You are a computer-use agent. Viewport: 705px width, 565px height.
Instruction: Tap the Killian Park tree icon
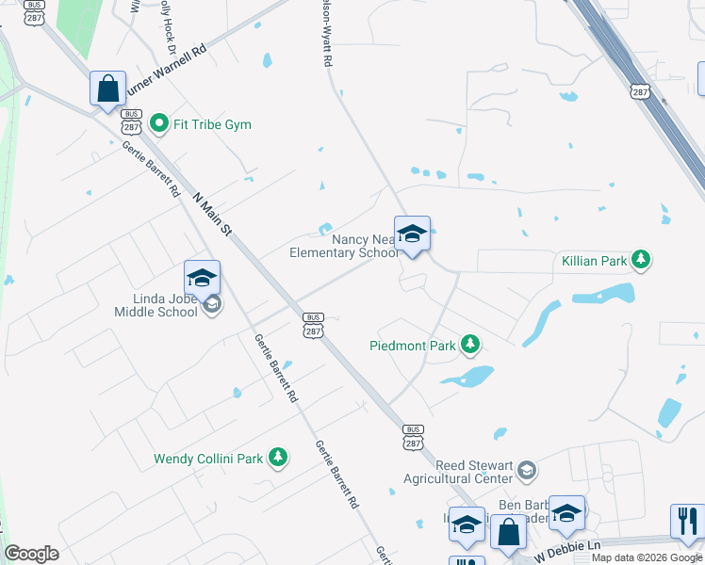(x=641, y=259)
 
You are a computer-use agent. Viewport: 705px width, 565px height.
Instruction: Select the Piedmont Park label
(x=413, y=346)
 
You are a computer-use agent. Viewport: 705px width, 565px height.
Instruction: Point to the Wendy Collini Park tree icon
(x=277, y=458)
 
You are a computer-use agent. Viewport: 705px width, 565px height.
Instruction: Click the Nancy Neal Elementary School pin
(x=412, y=234)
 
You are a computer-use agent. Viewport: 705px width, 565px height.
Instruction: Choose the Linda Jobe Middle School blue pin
(x=202, y=278)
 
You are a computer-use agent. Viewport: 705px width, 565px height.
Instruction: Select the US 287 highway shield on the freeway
(x=639, y=91)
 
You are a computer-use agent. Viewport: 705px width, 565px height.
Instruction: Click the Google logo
(x=31, y=554)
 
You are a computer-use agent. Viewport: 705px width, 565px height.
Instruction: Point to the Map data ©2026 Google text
(x=647, y=557)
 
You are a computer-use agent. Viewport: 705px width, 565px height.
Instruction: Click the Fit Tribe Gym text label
(x=211, y=123)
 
